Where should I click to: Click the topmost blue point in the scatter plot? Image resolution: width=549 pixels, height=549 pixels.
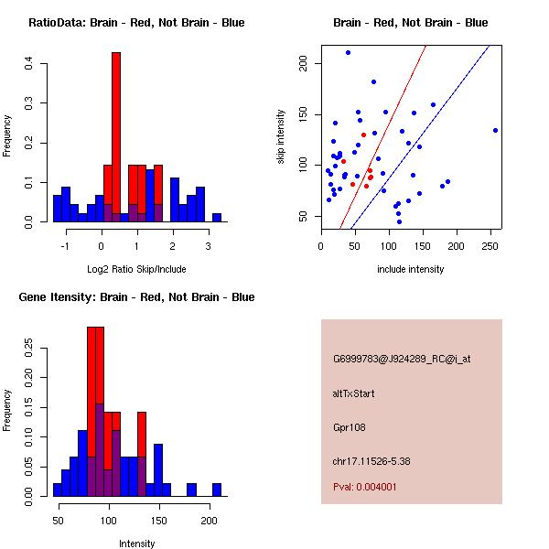point(348,52)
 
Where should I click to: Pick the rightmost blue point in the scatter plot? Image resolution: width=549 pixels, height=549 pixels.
point(495,130)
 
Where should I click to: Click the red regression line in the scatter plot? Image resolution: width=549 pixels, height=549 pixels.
point(384,137)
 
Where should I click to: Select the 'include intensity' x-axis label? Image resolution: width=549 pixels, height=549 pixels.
point(410,269)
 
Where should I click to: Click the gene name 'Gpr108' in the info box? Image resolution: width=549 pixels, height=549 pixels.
point(349,427)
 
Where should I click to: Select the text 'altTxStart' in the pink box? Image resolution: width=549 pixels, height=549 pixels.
point(354,393)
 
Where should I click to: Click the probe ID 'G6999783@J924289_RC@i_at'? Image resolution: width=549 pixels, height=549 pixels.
point(402,359)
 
